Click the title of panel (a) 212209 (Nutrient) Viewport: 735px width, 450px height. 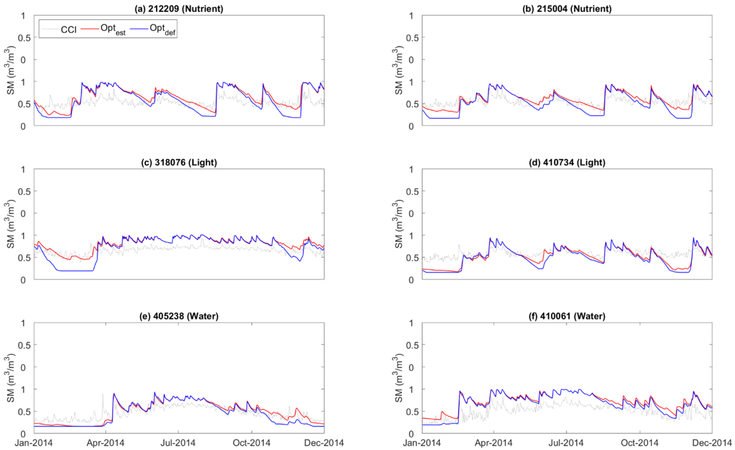pos(179,9)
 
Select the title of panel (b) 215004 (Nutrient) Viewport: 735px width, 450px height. pos(567,9)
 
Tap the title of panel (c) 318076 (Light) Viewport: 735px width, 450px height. pos(179,163)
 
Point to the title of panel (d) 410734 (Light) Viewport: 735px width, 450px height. pos(567,163)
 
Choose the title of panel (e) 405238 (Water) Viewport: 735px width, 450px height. pos(179,316)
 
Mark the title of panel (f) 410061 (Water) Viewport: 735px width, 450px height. pos(567,316)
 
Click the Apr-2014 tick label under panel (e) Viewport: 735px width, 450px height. pos(105,443)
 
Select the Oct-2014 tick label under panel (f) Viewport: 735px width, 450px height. pos(640,443)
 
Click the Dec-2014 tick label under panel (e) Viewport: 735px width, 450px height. pos(324,443)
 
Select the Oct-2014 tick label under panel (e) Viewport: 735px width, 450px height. pos(251,443)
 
